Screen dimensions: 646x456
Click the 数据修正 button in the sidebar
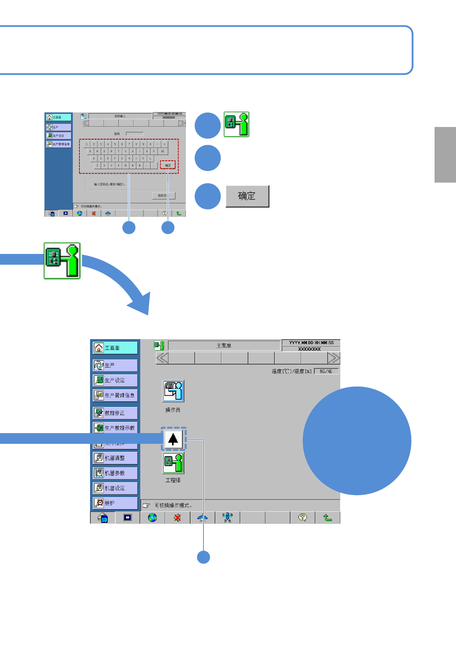tap(115, 413)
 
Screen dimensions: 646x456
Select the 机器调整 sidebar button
tap(115, 458)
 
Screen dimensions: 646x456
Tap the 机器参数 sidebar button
tap(115, 473)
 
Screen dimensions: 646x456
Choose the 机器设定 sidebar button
tap(115, 488)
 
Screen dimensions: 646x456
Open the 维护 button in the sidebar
tap(115, 503)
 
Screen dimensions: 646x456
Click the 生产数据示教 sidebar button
tap(115, 428)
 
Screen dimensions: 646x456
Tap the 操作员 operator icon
tap(173, 391)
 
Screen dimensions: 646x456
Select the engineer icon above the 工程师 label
tap(173, 463)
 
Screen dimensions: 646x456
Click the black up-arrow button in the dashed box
tap(173, 438)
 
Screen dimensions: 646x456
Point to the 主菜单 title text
tap(224, 346)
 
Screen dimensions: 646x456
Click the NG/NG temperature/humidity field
tap(326, 371)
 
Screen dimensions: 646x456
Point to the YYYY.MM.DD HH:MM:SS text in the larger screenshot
tap(311, 343)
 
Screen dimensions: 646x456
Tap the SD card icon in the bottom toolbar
tap(103, 518)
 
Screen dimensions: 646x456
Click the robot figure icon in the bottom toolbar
tap(228, 517)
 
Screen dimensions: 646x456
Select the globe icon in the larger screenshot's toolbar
tap(153, 517)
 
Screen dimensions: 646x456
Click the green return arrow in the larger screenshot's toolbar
tap(328, 517)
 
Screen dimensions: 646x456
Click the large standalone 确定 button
tap(247, 196)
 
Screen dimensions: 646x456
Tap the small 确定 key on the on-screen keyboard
tap(168, 165)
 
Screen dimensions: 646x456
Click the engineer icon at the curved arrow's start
tap(62, 260)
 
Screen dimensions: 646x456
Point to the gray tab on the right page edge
tap(445, 155)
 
